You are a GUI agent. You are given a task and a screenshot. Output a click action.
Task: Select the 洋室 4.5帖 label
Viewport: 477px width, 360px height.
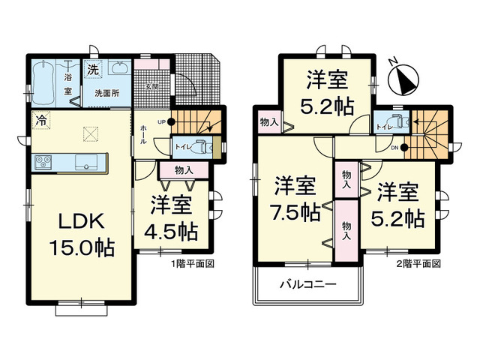pyautogui.click(x=172, y=217)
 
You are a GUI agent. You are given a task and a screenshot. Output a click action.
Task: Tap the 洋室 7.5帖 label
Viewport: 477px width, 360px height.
pyautogui.click(x=295, y=198)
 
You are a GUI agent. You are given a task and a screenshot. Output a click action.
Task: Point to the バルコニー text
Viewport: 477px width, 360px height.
pyautogui.click(x=308, y=285)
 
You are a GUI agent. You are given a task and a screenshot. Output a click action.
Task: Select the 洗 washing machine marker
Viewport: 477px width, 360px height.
pyautogui.click(x=92, y=70)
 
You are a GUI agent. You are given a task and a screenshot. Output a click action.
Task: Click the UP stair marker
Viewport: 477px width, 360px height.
pyautogui.click(x=162, y=122)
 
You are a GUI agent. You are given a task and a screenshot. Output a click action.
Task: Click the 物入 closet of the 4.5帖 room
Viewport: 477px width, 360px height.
pyautogui.click(x=184, y=170)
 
